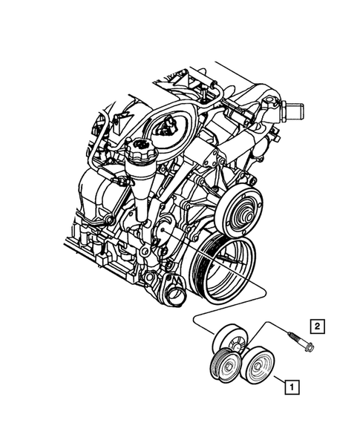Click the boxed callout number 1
[x=292, y=386]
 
